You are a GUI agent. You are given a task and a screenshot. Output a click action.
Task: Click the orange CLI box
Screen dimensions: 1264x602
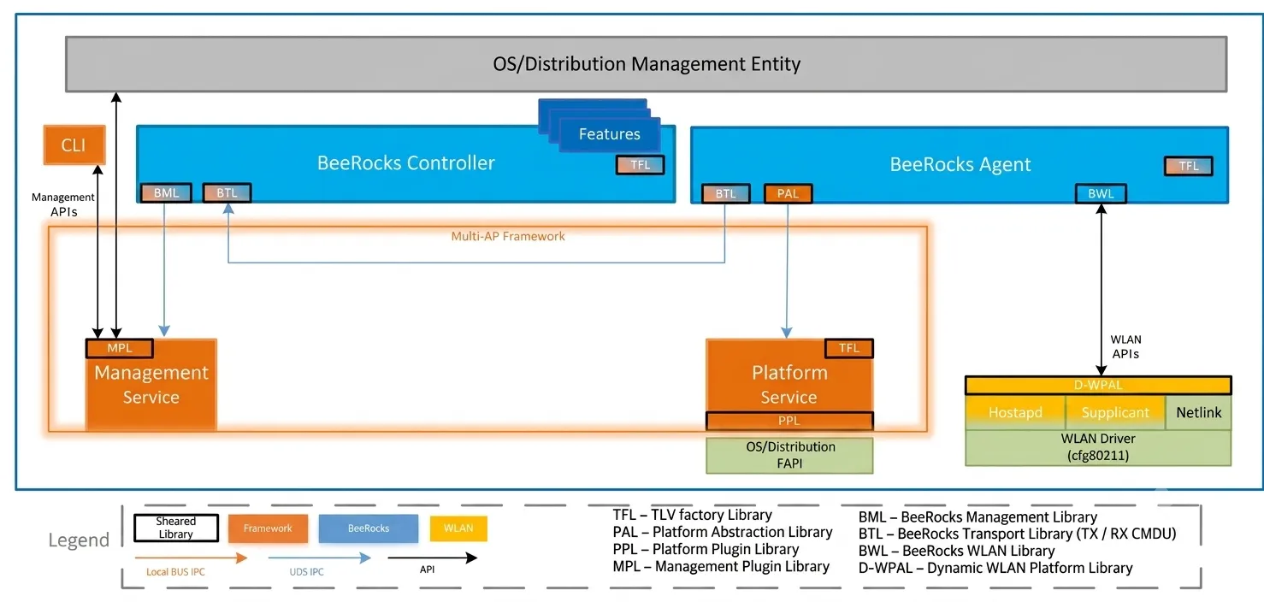pyautogui.click(x=74, y=145)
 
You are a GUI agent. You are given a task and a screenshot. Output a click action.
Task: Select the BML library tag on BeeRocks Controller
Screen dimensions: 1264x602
pyautogui.click(x=166, y=193)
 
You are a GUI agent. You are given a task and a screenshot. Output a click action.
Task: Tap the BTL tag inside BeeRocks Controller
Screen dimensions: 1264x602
pyautogui.click(x=227, y=193)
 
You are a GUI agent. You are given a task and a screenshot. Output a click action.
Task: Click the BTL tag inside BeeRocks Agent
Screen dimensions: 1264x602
pyautogui.click(x=726, y=193)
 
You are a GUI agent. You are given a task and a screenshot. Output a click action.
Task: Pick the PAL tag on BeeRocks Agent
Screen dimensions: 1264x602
pyautogui.click(x=788, y=193)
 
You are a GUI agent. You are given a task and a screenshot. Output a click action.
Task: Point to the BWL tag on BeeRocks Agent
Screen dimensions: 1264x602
pyautogui.click(x=1101, y=193)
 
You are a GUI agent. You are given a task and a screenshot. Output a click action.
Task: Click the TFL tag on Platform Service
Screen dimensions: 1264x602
pyautogui.click(x=848, y=348)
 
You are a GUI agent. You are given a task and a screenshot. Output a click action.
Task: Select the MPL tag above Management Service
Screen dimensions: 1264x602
pyautogui.click(x=120, y=348)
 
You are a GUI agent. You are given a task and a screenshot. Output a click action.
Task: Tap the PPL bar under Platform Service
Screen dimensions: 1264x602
pyautogui.click(x=789, y=421)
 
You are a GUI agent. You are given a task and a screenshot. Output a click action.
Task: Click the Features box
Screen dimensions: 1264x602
pyautogui.click(x=609, y=134)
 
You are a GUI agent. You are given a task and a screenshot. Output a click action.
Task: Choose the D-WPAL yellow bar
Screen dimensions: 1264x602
pyautogui.click(x=1098, y=386)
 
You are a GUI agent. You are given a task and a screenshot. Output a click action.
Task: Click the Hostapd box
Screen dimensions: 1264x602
pyautogui.click(x=1015, y=412)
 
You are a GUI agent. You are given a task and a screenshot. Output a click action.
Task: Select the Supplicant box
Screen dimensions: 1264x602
pyautogui.click(x=1115, y=412)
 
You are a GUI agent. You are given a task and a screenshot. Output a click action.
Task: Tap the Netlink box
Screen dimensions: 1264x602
pyautogui.click(x=1198, y=412)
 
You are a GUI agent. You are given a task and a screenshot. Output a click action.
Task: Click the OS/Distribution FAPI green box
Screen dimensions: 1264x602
pyautogui.click(x=789, y=455)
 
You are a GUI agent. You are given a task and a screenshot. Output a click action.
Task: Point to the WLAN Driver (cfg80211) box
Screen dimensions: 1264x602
pyautogui.click(x=1098, y=448)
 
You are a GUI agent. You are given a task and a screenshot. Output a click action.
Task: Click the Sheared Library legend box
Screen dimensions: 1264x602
pyautogui.click(x=176, y=528)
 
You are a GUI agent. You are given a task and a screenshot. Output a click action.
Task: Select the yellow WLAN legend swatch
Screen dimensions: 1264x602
pyautogui.click(x=458, y=528)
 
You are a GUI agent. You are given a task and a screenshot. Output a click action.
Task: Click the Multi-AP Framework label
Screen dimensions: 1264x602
pyautogui.click(x=508, y=236)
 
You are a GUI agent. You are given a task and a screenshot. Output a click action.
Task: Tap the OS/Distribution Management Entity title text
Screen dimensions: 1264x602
pyautogui.click(x=647, y=64)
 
